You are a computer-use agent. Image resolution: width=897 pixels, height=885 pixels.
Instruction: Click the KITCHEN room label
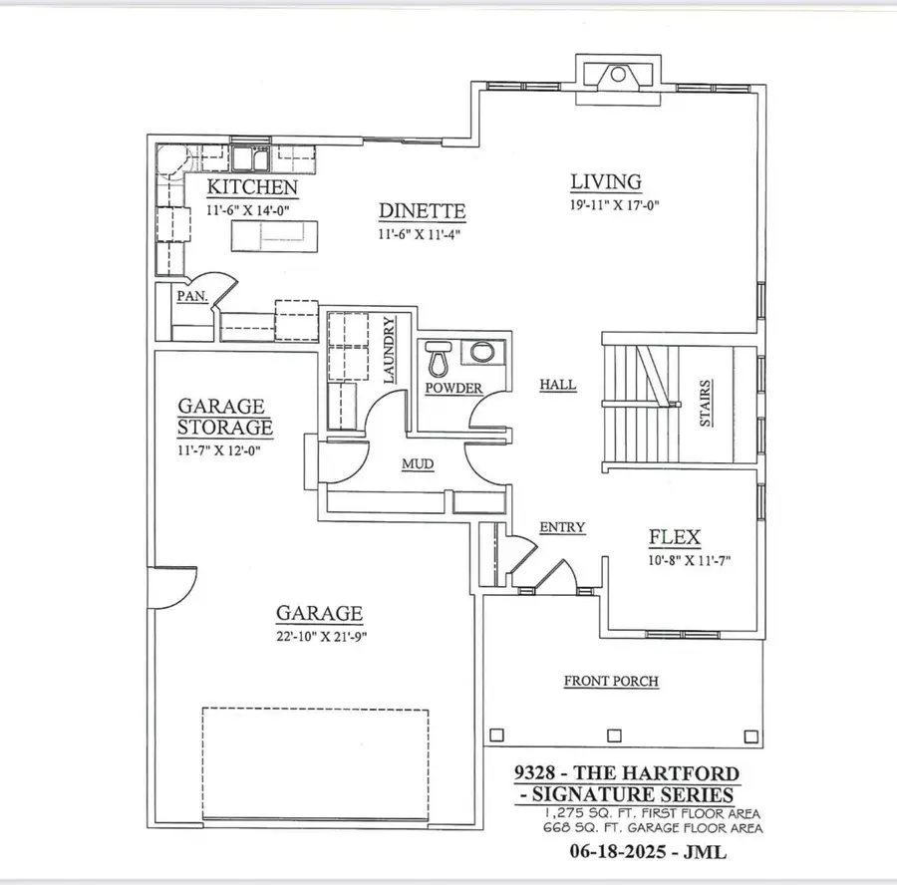[x=251, y=187]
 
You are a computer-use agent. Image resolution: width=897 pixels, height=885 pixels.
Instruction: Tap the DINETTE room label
[x=422, y=211]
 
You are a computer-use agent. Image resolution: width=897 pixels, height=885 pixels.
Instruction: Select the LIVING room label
[x=605, y=182]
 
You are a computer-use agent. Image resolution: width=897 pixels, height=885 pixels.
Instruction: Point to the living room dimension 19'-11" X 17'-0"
[x=615, y=207]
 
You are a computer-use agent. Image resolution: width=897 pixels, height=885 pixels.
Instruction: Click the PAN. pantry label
[x=190, y=296]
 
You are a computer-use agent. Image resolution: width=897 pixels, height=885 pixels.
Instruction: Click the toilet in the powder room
[x=439, y=356]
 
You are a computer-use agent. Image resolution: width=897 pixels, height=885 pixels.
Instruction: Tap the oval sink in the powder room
[x=482, y=353]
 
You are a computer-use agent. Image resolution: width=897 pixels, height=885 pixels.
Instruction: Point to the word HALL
[x=557, y=386]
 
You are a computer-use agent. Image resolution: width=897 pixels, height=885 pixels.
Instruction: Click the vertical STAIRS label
[x=705, y=403]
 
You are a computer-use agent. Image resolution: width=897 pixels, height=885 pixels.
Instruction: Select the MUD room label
[x=416, y=463]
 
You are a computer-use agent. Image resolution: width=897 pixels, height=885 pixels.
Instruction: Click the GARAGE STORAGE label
[x=224, y=417]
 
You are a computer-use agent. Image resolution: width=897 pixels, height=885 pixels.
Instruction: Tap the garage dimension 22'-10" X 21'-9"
[x=317, y=638]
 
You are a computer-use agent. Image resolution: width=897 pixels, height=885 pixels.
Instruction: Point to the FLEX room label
[x=675, y=538]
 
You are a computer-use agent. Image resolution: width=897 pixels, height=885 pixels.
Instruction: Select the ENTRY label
[x=562, y=527]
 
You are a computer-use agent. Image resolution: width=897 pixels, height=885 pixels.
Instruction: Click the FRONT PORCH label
[x=611, y=682]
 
